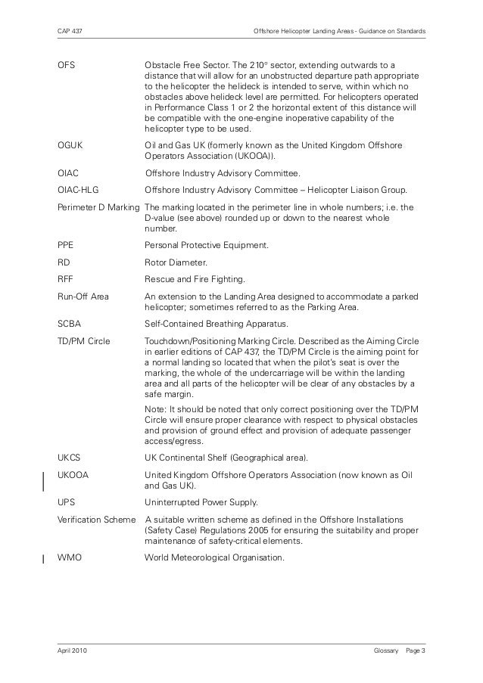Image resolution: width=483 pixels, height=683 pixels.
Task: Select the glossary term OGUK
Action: (x=70, y=144)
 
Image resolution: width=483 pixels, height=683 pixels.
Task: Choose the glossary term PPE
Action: (x=66, y=246)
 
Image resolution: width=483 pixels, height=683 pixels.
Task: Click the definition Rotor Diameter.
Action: (x=176, y=263)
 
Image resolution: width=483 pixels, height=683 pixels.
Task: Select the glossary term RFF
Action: (x=66, y=279)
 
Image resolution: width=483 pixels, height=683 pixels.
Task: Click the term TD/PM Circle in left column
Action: (x=83, y=342)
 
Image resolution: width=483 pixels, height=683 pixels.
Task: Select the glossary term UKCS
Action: (x=70, y=458)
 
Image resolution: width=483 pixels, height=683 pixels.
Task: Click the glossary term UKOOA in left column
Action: (x=73, y=474)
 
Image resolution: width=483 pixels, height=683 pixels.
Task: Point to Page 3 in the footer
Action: (x=416, y=650)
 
